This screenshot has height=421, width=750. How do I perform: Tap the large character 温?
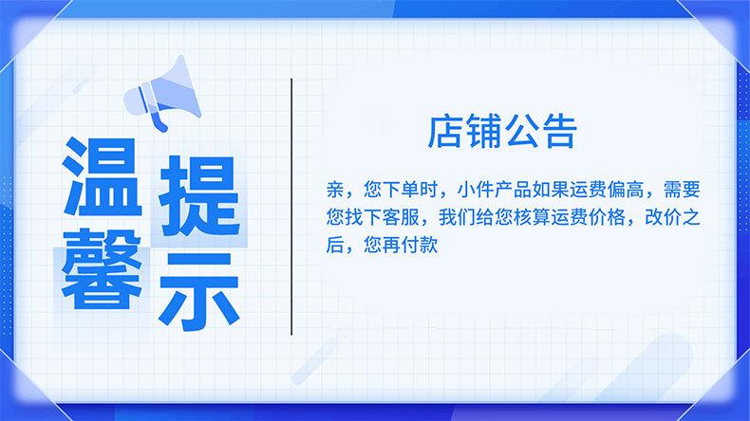[103, 176]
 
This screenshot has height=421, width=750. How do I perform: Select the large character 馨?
[103, 268]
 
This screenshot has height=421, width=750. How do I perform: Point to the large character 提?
[199, 196]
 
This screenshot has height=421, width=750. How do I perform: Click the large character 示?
[199, 291]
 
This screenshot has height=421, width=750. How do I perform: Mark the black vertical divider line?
[291, 207]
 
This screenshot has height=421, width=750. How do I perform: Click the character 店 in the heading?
[445, 131]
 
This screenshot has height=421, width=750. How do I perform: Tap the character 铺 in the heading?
[483, 131]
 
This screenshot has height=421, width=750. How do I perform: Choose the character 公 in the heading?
[521, 131]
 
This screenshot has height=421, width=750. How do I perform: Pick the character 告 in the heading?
[559, 131]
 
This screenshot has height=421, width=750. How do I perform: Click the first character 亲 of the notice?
[335, 190]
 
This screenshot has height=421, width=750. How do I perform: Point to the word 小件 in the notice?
[476, 190]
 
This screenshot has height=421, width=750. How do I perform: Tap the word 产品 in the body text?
[513, 190]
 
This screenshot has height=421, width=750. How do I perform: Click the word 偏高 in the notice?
[626, 190]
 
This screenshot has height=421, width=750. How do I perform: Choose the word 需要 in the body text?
[682, 190]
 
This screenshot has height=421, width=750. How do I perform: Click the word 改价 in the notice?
[663, 217]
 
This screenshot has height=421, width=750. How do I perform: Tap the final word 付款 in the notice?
[420, 246]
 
